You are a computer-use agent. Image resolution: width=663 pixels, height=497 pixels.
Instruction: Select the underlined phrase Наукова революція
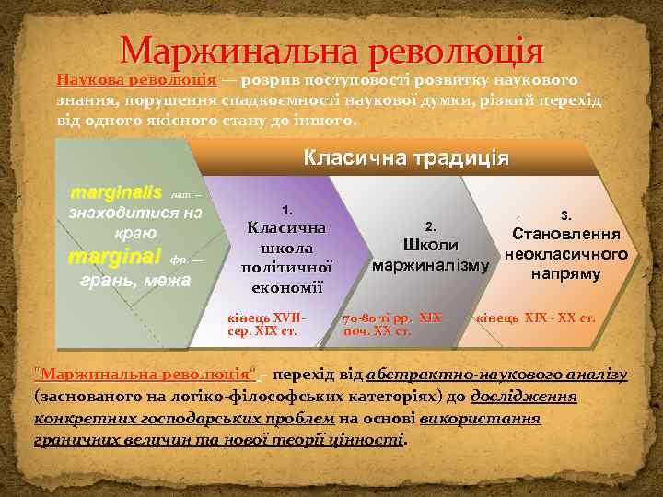(136, 79)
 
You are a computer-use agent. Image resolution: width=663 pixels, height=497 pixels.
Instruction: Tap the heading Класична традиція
(406, 157)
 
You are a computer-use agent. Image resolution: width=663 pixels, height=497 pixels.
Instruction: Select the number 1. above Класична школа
(287, 210)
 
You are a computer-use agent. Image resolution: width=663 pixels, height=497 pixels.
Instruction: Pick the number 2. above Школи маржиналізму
(430, 225)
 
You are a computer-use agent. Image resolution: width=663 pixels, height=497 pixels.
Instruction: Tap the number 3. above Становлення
(565, 215)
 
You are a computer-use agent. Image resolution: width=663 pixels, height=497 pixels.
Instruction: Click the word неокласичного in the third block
(566, 253)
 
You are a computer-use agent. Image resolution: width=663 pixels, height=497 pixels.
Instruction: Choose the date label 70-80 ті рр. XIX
(391, 318)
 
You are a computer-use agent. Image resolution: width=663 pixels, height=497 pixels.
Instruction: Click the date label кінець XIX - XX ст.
(534, 318)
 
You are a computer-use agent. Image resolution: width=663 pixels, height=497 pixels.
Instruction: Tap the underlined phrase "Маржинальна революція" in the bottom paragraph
(145, 375)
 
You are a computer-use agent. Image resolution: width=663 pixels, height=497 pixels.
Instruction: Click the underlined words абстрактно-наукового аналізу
(496, 375)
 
